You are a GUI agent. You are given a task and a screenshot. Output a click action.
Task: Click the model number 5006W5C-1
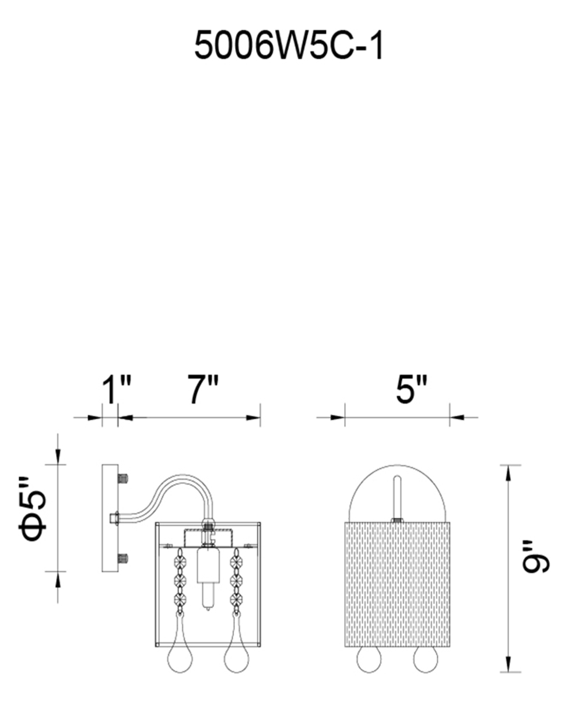pyautogui.click(x=289, y=47)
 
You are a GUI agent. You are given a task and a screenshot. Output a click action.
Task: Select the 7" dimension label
pyautogui.click(x=203, y=389)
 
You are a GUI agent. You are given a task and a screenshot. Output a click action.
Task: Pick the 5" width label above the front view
pyautogui.click(x=412, y=389)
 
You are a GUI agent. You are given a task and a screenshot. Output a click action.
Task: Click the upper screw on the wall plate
pyautogui.click(x=122, y=479)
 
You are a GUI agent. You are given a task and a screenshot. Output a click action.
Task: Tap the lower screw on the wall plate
pyautogui.click(x=122, y=559)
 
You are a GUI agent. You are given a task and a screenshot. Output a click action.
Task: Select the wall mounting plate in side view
pyautogui.click(x=110, y=518)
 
